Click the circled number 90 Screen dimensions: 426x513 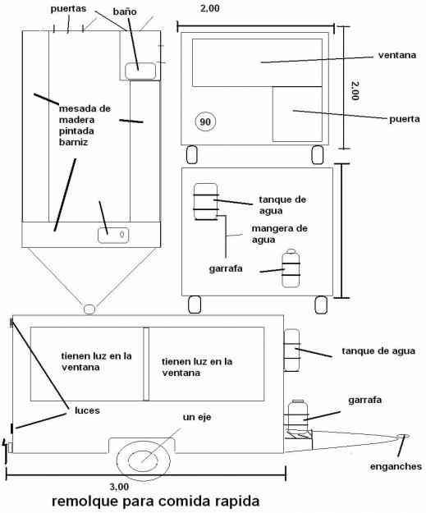[205, 121]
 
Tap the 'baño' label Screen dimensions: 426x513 [125, 11]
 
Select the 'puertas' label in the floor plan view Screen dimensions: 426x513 [68, 8]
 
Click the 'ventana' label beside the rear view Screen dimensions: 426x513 [397, 55]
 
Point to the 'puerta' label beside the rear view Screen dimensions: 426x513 [405, 119]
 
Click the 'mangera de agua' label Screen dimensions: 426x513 [279, 234]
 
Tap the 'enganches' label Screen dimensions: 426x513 [396, 466]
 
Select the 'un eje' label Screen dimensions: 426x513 [197, 417]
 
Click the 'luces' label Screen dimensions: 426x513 [87, 410]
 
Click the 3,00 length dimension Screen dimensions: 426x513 [119, 487]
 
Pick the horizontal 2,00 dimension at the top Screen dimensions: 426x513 [210, 8]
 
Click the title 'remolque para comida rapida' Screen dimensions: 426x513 [156, 501]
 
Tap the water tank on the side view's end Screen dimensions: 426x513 [291, 350]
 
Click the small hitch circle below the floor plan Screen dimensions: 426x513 [89, 309]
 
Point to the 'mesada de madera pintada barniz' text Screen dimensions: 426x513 [85, 126]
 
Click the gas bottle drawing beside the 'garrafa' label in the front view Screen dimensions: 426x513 [291, 268]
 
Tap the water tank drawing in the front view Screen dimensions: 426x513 [205, 202]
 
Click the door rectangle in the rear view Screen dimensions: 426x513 [297, 114]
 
